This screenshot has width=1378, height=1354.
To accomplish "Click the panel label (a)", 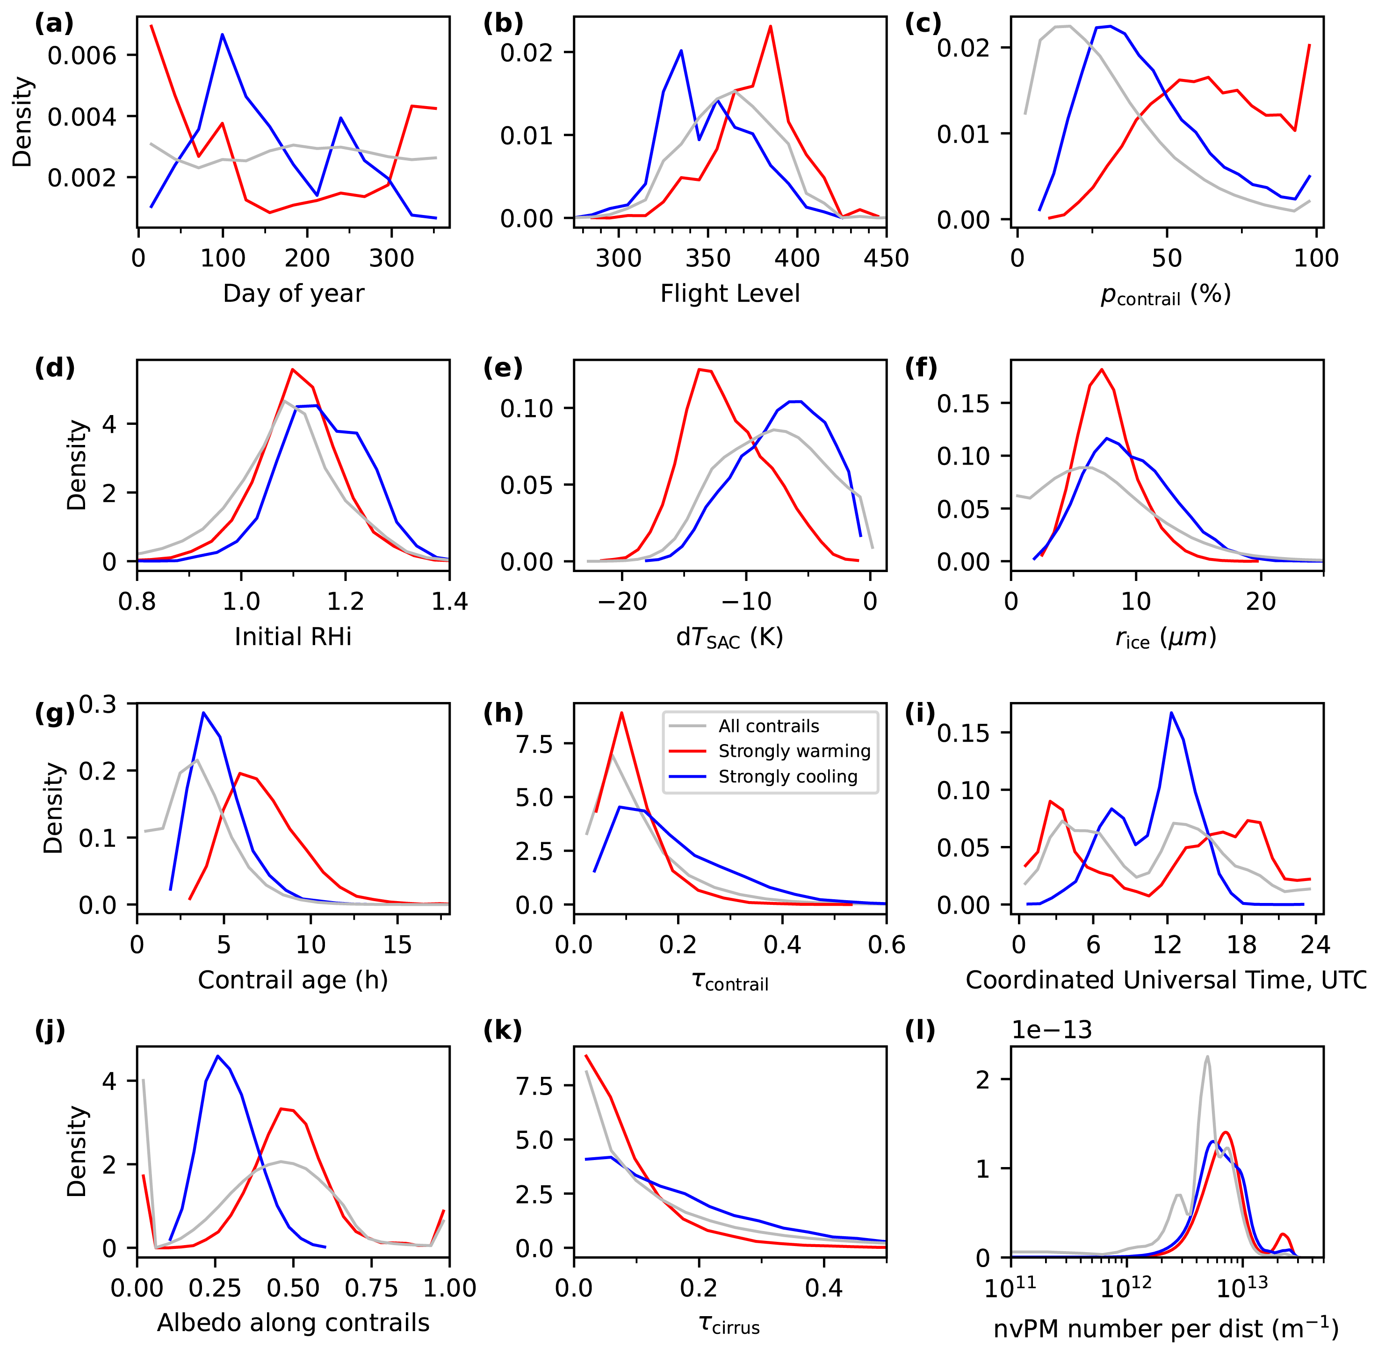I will (54, 24).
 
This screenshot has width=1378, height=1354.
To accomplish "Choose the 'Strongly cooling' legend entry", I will (787, 777).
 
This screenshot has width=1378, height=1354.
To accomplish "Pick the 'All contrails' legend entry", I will (768, 726).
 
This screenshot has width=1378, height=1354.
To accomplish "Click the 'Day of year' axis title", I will (293, 293).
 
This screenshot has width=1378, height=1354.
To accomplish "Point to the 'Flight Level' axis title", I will (730, 293).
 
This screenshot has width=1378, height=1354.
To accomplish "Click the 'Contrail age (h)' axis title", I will (293, 980).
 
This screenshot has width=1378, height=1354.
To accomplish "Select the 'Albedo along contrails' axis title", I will (293, 1323).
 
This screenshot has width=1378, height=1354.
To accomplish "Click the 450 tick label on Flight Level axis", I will (886, 258).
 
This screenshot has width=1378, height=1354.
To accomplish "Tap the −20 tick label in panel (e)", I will (622, 602).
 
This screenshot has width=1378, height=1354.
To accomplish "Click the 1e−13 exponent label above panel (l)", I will (1052, 1031).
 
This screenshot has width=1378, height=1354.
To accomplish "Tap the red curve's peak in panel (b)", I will (771, 26).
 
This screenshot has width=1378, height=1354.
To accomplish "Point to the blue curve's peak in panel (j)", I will (218, 1056).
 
